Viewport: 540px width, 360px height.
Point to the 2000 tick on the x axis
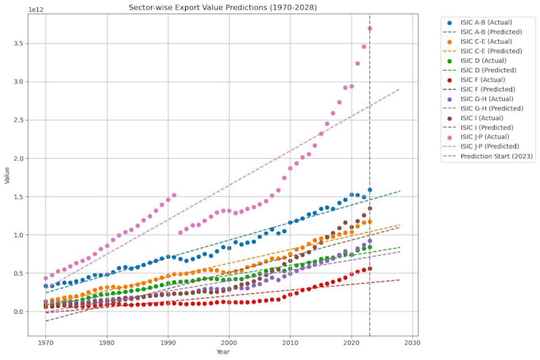click(x=229, y=343)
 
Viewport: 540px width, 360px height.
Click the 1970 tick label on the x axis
click(x=46, y=343)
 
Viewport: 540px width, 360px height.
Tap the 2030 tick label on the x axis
click(x=411, y=343)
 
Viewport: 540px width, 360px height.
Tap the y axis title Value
click(x=7, y=176)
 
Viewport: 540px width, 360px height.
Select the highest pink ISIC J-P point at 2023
click(x=370, y=29)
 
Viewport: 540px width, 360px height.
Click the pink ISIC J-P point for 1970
click(x=46, y=278)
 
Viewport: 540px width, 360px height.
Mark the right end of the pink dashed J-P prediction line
click(x=399, y=89)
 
